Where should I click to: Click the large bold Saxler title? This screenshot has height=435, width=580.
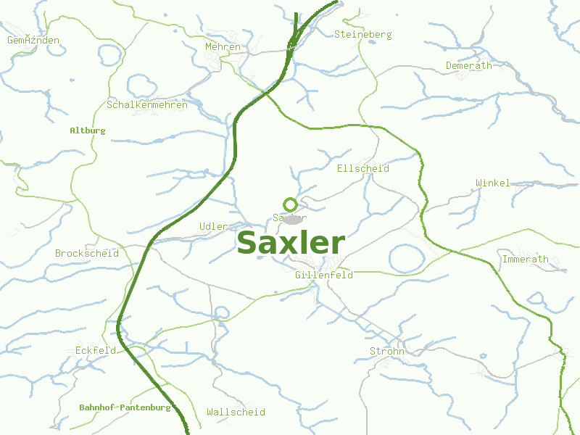point(291,244)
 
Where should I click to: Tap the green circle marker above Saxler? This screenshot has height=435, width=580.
point(290,204)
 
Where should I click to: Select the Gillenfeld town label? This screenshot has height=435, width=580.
point(324,275)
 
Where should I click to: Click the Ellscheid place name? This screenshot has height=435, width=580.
point(363,169)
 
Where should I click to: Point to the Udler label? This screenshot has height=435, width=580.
point(213,227)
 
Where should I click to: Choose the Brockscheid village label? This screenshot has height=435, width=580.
point(87,254)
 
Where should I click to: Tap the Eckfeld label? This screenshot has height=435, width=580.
point(96,351)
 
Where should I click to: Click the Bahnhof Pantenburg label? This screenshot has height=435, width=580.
point(125,407)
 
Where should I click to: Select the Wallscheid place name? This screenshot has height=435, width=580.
point(236,413)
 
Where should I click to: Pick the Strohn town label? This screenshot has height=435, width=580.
point(387,352)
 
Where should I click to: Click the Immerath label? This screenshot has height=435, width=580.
point(526,260)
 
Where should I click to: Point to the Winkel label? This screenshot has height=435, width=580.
point(493,183)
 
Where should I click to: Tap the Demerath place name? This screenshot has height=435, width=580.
point(468,66)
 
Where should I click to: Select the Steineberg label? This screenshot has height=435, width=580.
point(362,35)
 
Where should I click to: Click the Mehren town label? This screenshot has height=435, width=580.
point(223,47)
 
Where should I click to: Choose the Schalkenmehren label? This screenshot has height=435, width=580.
point(147,105)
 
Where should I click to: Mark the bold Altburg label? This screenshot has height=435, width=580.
point(88,131)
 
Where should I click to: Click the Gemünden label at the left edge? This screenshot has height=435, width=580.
point(33,41)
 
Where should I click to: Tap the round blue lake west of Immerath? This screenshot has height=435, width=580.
point(407,258)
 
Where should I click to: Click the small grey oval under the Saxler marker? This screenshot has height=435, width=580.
point(291,218)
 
